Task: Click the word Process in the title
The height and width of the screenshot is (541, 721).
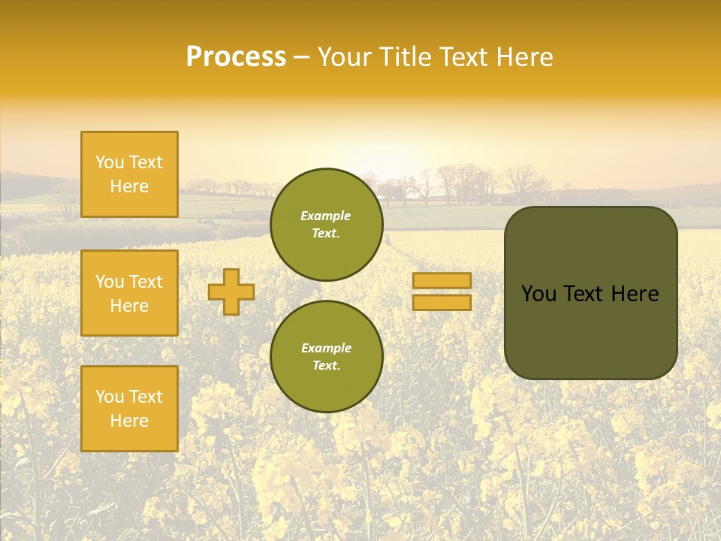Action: [236, 57]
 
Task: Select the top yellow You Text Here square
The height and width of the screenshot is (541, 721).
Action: [129, 174]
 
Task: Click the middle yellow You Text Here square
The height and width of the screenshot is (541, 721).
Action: [129, 293]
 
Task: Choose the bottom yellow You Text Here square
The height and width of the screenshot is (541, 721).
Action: [129, 409]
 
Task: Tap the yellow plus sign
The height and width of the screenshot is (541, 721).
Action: [231, 292]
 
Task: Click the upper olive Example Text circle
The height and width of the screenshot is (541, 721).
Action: [326, 225]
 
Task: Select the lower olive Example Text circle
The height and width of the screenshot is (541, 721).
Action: [326, 356]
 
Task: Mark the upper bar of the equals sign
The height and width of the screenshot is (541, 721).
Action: [442, 280]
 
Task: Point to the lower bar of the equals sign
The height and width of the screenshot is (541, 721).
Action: [442, 302]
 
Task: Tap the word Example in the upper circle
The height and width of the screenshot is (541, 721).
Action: [325, 216]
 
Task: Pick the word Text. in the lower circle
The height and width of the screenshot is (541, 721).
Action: [326, 365]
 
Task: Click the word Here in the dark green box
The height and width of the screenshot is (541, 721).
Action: [635, 294]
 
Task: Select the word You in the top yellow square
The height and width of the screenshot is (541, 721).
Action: [110, 162]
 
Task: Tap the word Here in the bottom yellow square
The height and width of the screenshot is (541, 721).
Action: [129, 421]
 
